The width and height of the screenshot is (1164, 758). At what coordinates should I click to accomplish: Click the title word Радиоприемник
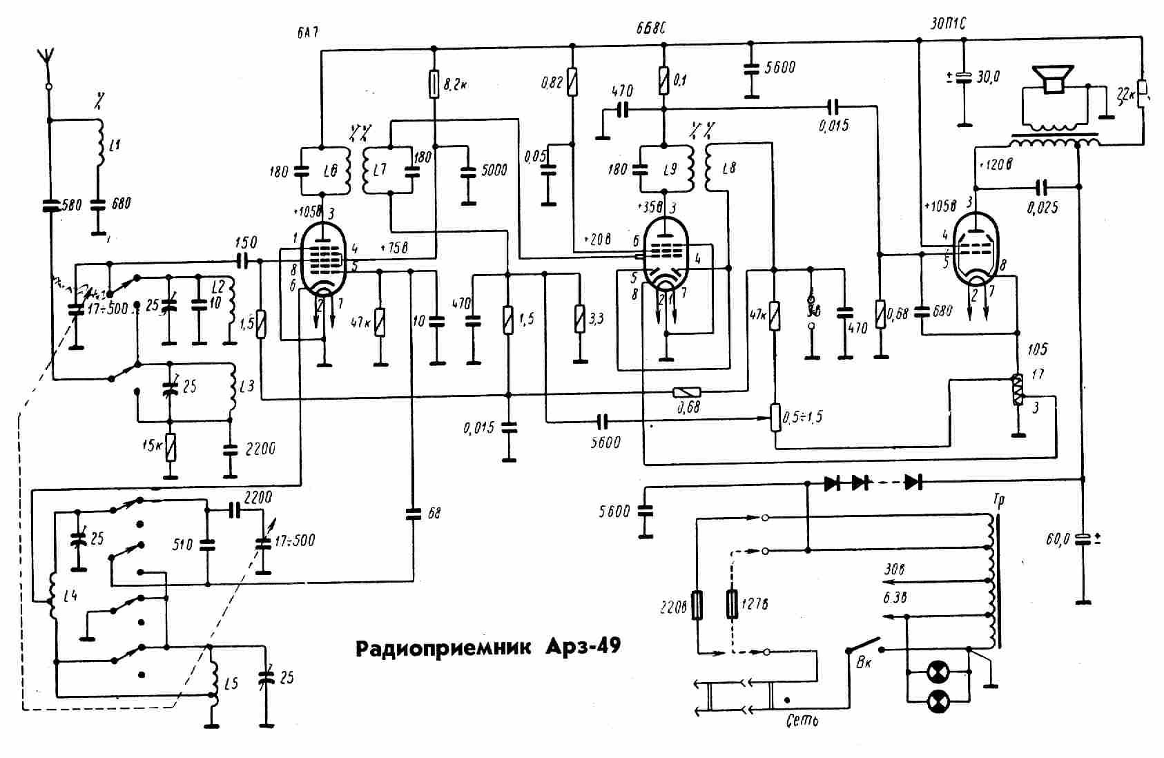coord(443,648)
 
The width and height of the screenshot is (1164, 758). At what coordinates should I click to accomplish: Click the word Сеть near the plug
coord(802,721)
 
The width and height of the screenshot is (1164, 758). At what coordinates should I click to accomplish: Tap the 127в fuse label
coord(755,605)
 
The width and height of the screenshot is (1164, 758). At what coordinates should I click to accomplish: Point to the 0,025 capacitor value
coord(1042,207)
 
